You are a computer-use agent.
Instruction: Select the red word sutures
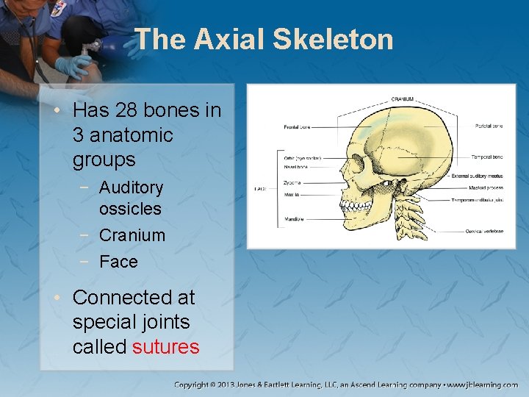pos(165,346)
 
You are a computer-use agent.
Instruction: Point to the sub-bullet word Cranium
pos(132,235)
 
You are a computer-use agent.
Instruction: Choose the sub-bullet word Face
pos(118,262)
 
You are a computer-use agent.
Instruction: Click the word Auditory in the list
pos(131,187)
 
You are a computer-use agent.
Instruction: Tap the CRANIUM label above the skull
pos(402,99)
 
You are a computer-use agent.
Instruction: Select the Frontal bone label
pos(297,127)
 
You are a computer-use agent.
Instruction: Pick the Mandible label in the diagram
pos(295,218)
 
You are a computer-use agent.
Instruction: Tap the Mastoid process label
pos(486,187)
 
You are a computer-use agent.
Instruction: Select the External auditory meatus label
pos(477,176)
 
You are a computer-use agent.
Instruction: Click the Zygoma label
pos(292,183)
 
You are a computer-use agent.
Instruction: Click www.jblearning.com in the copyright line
pos(484,385)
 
